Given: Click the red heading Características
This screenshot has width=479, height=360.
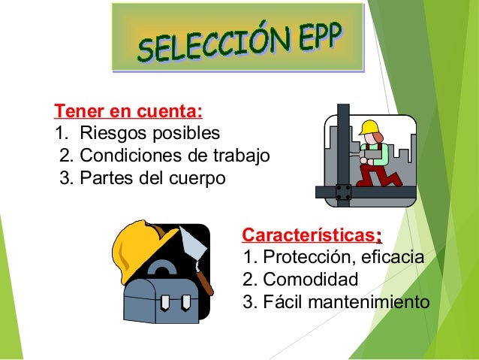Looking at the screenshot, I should pos(309,235).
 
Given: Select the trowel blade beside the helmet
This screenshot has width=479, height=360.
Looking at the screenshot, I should pos(192,244).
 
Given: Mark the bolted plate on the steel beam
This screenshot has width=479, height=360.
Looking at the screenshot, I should pos(343,192).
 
